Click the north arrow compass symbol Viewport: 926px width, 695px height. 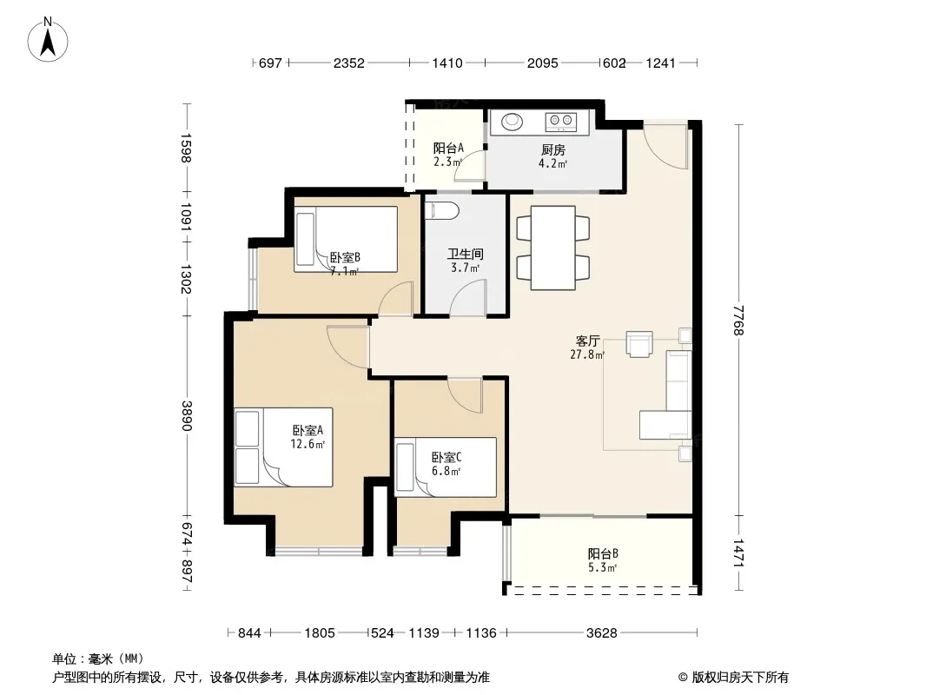pyautogui.click(x=48, y=40)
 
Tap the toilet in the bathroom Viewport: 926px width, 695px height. pyautogui.click(x=442, y=211)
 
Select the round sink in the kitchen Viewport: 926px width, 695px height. pyautogui.click(x=512, y=122)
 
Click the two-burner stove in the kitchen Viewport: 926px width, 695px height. pyautogui.click(x=560, y=122)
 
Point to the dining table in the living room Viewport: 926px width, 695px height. pyautogui.click(x=552, y=248)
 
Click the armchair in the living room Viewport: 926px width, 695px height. pyautogui.click(x=639, y=344)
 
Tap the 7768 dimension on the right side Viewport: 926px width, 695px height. pyautogui.click(x=738, y=320)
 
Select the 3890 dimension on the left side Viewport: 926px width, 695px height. pyautogui.click(x=187, y=416)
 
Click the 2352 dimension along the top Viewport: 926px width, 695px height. pyautogui.click(x=349, y=63)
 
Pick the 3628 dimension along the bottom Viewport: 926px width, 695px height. pyautogui.click(x=602, y=633)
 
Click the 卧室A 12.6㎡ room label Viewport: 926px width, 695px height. pyautogui.click(x=308, y=437)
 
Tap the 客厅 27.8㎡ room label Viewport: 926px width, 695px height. pyautogui.click(x=587, y=347)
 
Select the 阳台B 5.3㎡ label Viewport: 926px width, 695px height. pyautogui.click(x=602, y=560)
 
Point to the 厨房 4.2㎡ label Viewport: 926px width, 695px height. pyautogui.click(x=552, y=156)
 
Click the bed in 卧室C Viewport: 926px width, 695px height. pyautogui.click(x=446, y=467)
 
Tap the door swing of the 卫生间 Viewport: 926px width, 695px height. pyautogui.click(x=467, y=297)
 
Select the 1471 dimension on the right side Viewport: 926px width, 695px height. pyautogui.click(x=738, y=553)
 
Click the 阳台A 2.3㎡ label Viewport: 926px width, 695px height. pyautogui.click(x=448, y=155)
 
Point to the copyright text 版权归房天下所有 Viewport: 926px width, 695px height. pyautogui.click(x=739, y=678)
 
